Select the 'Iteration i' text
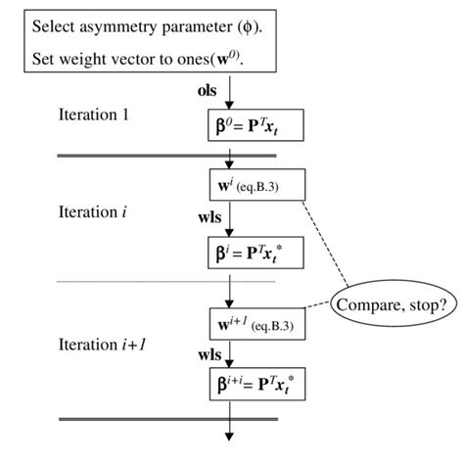point(93,211)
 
